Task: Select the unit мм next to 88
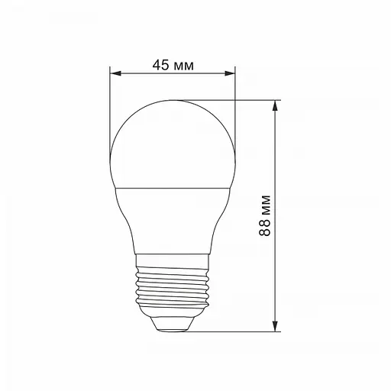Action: (x=264, y=205)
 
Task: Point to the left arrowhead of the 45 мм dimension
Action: (x=115, y=74)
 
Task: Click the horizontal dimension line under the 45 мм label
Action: (x=172, y=74)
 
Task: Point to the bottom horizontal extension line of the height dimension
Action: (x=229, y=332)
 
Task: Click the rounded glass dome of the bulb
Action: (x=172, y=141)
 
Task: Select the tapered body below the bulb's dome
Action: (x=172, y=218)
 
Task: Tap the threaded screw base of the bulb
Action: (x=172, y=290)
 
